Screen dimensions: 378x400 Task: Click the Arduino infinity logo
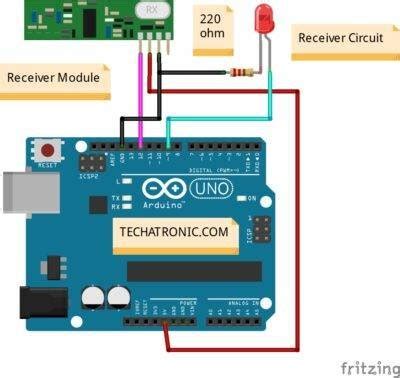point(163,188)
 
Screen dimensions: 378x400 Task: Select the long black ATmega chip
point(193,270)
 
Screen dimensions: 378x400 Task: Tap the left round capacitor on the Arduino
point(93,297)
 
